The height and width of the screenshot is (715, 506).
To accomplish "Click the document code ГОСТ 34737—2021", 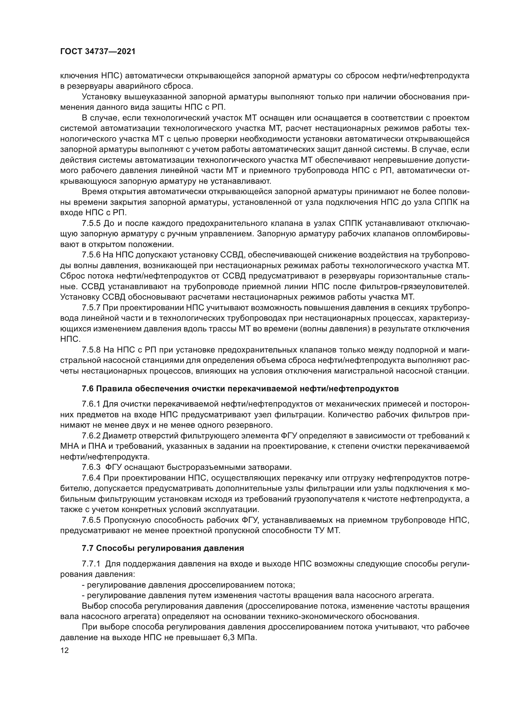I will [x=98, y=52].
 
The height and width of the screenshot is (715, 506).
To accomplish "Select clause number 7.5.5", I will [x=91, y=223].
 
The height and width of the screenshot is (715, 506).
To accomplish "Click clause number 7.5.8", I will [x=91, y=350].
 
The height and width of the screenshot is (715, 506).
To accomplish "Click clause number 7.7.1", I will [x=91, y=564].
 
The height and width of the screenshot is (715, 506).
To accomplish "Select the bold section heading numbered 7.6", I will [x=240, y=388].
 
